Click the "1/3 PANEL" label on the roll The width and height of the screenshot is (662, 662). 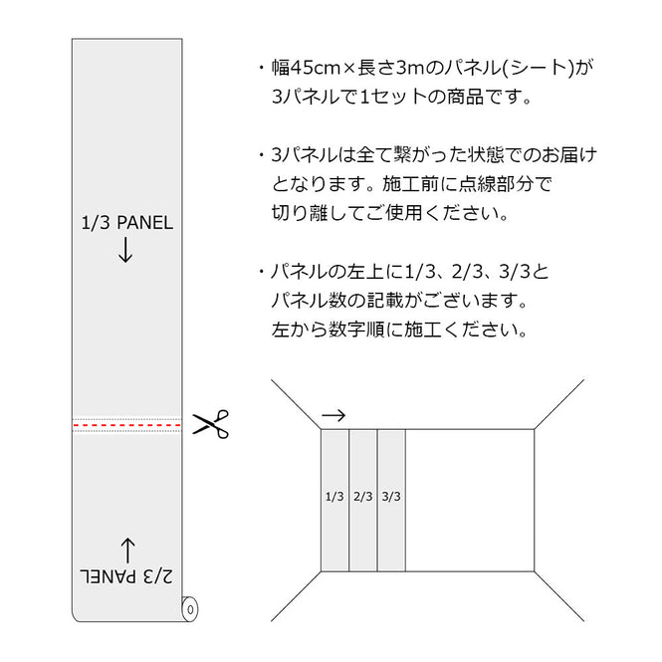(126, 223)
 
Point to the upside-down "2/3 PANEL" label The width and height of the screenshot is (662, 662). (126, 576)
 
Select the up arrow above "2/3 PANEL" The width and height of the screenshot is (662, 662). (126, 547)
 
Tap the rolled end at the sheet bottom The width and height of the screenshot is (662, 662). (189, 607)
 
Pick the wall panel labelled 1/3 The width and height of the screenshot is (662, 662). (334, 495)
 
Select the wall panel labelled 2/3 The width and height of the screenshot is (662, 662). (362, 495)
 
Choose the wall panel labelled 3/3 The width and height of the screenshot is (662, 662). (390, 495)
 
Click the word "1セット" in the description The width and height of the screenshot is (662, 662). (384, 98)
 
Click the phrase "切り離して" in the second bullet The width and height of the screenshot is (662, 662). (314, 213)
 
